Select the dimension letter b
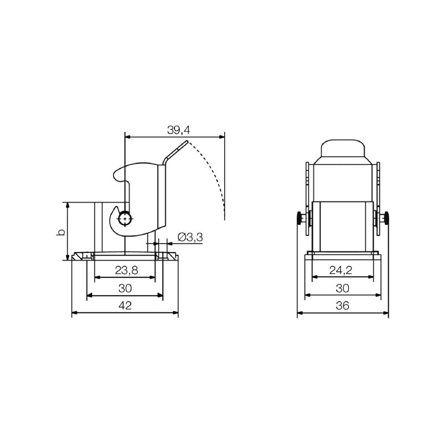[x=61, y=231]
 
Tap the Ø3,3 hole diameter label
[x=190, y=238]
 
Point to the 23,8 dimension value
[x=126, y=271]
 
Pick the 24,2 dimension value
[x=343, y=271]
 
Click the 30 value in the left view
[x=125, y=289]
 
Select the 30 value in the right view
[x=343, y=289]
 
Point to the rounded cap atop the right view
[x=343, y=148]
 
